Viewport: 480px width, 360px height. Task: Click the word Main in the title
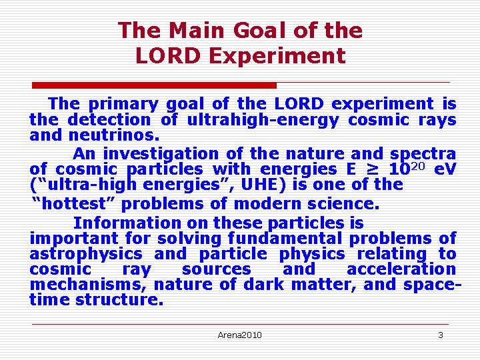(x=197, y=31)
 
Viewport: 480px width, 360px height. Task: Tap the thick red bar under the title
(x=155, y=85)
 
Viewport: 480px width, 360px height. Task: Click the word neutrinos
(x=115, y=135)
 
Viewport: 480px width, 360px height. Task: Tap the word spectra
(x=423, y=153)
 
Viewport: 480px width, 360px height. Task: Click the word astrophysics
(x=85, y=254)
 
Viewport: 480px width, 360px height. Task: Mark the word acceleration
(x=401, y=269)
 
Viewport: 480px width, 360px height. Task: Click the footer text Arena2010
(x=240, y=335)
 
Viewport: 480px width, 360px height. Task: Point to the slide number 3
(x=440, y=335)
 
